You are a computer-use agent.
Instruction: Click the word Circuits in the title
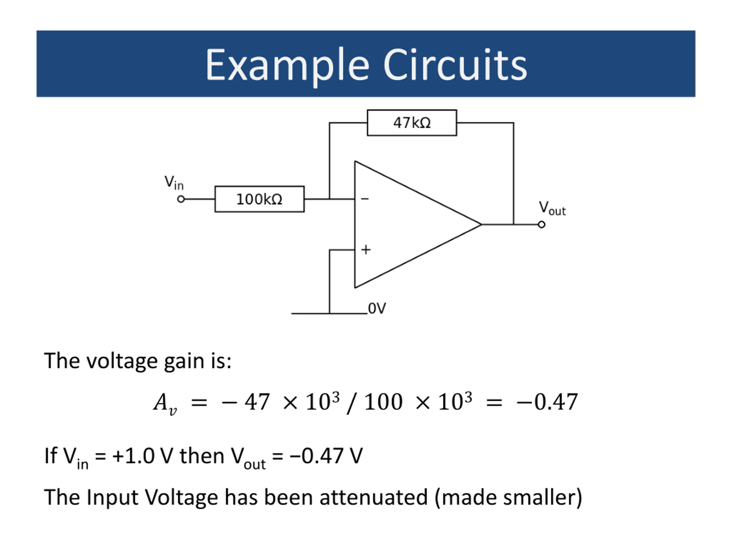455,64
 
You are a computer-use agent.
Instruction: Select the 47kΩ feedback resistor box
412,123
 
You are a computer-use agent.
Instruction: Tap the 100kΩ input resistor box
259,199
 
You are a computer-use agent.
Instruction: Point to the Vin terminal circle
181,199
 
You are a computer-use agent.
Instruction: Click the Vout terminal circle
541,225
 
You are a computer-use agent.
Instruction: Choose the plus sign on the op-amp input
366,250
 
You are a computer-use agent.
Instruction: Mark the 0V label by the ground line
377,309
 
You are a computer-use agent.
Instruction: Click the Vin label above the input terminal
174,182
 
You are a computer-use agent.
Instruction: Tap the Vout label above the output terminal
552,208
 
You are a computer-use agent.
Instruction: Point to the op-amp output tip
482,225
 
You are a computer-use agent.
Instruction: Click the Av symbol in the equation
165,404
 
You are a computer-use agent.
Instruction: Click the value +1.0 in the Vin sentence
133,456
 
